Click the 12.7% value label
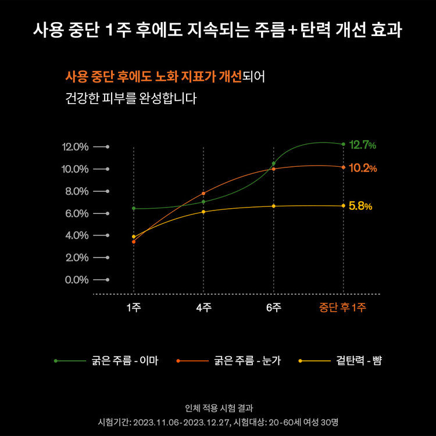click(362, 145)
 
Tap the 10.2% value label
click(363, 169)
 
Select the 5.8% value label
click(360, 206)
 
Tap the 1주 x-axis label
click(134, 308)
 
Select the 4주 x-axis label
click(203, 308)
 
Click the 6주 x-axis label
click(273, 308)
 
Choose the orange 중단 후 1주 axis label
click(342, 308)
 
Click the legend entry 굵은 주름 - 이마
click(124, 361)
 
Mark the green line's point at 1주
click(134, 208)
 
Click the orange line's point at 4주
click(203, 193)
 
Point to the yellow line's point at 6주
click(273, 206)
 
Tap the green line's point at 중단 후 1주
click(343, 144)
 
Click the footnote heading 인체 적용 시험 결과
click(218, 408)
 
